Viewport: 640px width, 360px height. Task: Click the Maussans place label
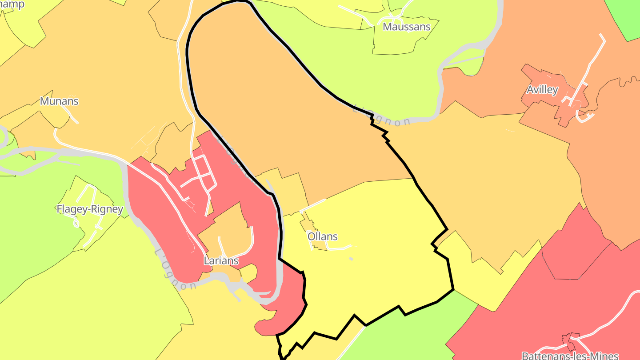pyautogui.click(x=407, y=27)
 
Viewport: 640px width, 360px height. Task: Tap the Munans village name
pyautogui.click(x=59, y=101)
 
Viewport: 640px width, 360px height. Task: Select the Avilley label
pyautogui.click(x=542, y=90)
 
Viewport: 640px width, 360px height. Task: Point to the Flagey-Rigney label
pyautogui.click(x=90, y=209)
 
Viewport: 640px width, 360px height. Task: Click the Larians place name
pyautogui.click(x=221, y=261)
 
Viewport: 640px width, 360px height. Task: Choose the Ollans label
pyautogui.click(x=323, y=236)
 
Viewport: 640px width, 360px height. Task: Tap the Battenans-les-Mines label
pyautogui.click(x=570, y=356)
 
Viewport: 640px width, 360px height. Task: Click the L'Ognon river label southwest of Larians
pyautogui.click(x=175, y=270)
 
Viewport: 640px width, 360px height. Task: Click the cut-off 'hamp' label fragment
pyautogui.click(x=12, y=4)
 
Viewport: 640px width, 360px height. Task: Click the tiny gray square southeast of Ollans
pyautogui.click(x=351, y=259)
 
